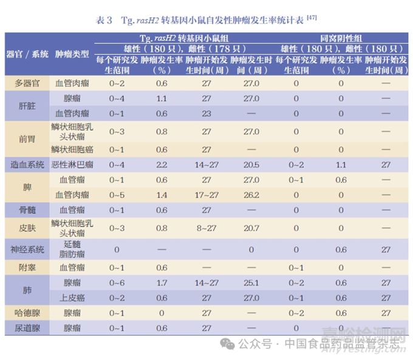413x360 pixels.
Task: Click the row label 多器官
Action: pyautogui.click(x=27, y=83)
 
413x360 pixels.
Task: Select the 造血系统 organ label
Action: pyautogui.click(x=27, y=164)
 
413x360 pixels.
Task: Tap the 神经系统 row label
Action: pyautogui.click(x=27, y=250)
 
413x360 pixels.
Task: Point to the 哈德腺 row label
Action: pyautogui.click(x=27, y=313)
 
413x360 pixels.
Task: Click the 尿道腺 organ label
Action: pyautogui.click(x=27, y=328)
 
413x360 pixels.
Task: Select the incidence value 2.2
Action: pyautogui.click(x=161, y=164)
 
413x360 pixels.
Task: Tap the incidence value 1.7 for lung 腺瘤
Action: pyautogui.click(x=161, y=282)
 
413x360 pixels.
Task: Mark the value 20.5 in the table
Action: pyautogui.click(x=251, y=164)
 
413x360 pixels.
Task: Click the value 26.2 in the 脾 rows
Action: pyautogui.click(x=251, y=195)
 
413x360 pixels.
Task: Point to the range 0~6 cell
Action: pyautogui.click(x=117, y=282)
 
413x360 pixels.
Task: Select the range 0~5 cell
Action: pyautogui.click(x=117, y=195)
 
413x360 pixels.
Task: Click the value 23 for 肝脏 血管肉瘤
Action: pyautogui.click(x=206, y=113)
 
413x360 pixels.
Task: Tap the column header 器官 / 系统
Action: pyautogui.click(x=27, y=54)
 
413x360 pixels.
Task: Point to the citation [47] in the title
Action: pyautogui.click(x=312, y=18)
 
